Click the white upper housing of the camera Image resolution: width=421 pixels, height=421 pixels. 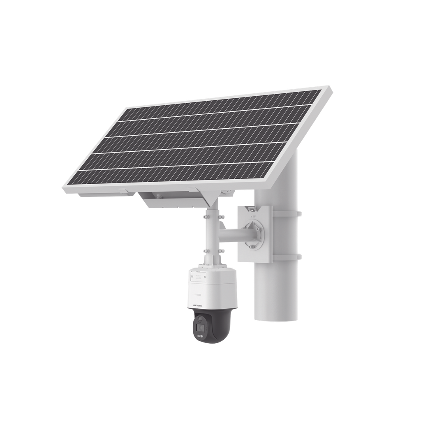(x=210, y=288)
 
